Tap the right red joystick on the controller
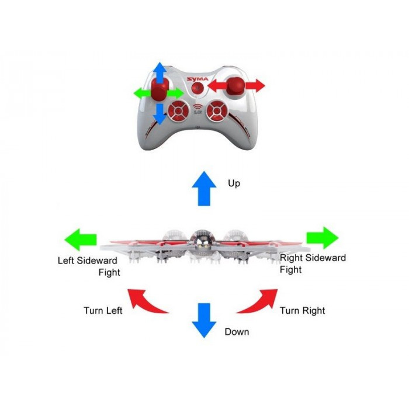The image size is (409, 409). click(237, 86)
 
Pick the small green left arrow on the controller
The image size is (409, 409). click(141, 93)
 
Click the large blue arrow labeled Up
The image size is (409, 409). click(204, 188)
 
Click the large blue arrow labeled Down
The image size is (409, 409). click(204, 320)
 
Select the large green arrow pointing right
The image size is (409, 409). click(323, 238)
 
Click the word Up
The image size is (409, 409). click(234, 183)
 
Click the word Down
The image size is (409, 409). click(237, 332)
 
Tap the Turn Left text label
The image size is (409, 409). click(103, 310)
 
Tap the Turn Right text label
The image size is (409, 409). click(302, 310)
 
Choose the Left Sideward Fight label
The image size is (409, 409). click(88, 266)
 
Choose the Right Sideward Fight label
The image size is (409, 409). click(313, 264)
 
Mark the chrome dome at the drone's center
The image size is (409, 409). click(200, 240)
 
